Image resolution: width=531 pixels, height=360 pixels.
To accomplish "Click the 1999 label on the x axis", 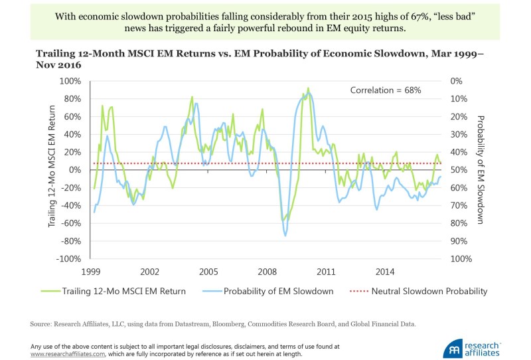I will click(91, 272).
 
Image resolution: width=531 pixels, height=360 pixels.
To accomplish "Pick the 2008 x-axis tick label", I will click(267, 272).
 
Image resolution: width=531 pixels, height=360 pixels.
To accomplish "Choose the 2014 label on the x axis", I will click(385, 272).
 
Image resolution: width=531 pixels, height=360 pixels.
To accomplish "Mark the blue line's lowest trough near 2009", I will click(285, 235).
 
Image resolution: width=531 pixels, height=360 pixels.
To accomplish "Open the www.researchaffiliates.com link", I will click(67, 353).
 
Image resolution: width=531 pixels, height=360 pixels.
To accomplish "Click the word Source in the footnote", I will click(41, 324).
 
